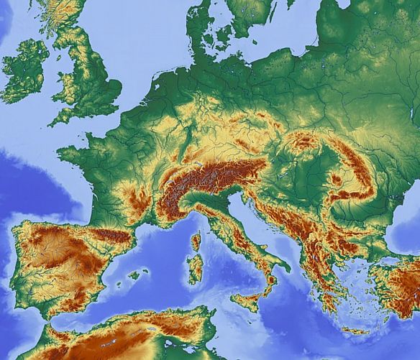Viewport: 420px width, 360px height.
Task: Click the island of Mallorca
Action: coord(134,274)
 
